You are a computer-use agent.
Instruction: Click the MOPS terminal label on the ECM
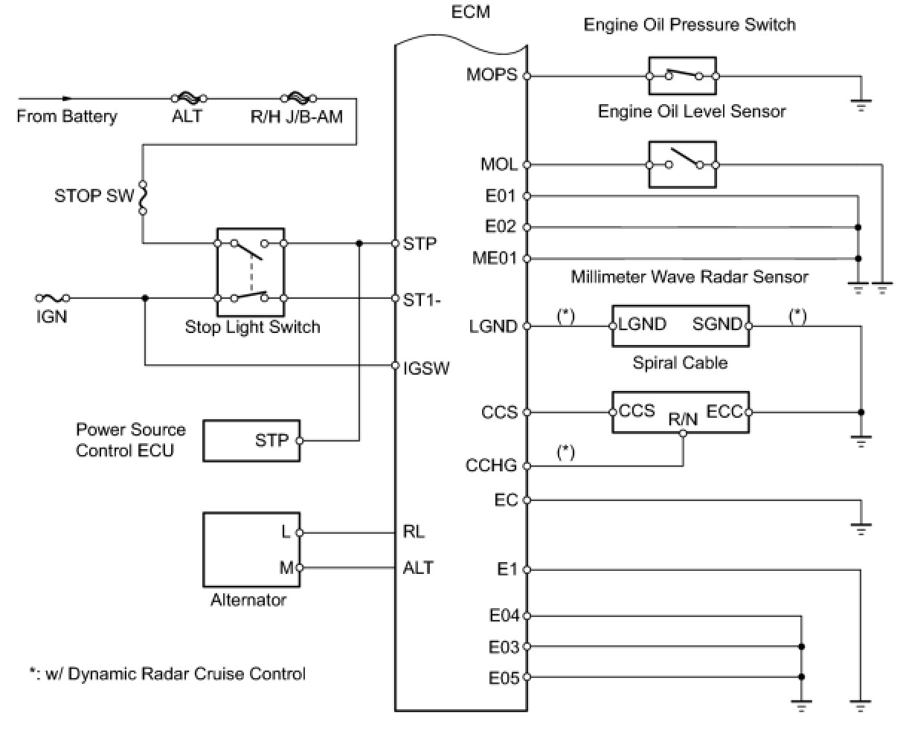(x=492, y=74)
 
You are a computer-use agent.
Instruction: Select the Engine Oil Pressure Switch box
(x=682, y=76)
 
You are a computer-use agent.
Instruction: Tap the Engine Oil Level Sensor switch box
(x=682, y=164)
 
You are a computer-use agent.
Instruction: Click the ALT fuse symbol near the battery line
(x=189, y=98)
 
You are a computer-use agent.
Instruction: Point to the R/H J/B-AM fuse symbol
(x=299, y=98)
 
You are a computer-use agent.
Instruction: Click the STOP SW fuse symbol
(x=144, y=197)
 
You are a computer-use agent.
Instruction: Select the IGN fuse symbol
(x=52, y=298)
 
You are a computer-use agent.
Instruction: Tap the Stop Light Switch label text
(x=252, y=327)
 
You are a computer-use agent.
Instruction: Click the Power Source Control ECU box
(x=251, y=440)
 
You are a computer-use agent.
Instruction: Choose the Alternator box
(x=251, y=550)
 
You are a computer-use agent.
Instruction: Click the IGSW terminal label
(x=426, y=368)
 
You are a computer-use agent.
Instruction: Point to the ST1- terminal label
(x=422, y=300)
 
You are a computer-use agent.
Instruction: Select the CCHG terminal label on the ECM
(x=491, y=465)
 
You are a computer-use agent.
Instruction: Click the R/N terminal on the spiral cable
(x=683, y=433)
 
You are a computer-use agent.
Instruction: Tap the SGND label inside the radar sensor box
(x=716, y=324)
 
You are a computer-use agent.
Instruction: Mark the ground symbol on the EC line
(x=861, y=529)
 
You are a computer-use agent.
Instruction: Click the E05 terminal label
(x=504, y=678)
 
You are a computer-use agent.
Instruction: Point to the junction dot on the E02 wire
(x=858, y=227)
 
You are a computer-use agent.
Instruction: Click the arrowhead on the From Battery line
(x=67, y=98)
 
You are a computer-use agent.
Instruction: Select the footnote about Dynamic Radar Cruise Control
(x=167, y=674)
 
